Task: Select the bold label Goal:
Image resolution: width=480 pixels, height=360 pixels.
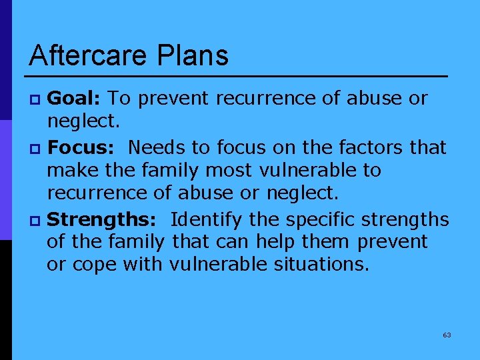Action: (74, 99)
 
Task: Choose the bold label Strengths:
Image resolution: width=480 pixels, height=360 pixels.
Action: (103, 219)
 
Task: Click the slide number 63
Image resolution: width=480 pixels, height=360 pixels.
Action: (447, 335)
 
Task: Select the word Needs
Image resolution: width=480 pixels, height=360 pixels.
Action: (155, 147)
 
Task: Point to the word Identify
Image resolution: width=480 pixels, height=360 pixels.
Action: (210, 219)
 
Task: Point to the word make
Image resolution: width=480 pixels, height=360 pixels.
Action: (71, 171)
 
